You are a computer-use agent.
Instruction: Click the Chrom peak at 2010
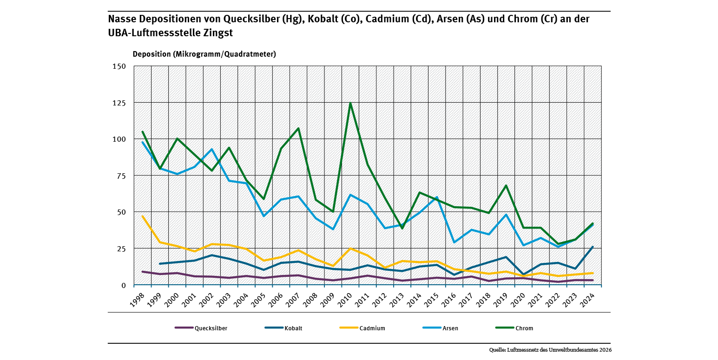coord(350,103)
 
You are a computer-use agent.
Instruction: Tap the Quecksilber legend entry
coord(201,328)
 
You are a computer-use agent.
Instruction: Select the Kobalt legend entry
coord(283,328)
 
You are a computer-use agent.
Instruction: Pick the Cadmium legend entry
coord(362,328)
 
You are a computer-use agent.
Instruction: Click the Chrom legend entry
coord(514,328)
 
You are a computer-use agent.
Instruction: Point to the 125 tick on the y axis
coord(119,103)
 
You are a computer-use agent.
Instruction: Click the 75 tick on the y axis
coord(121,176)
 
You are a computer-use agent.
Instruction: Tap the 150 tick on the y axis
coord(119,66)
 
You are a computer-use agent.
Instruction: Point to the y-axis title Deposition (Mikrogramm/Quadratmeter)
coord(204,54)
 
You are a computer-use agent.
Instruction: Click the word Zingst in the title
coord(218,33)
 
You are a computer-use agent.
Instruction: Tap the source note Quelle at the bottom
coord(550,350)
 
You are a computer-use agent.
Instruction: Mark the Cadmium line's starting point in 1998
coord(143,216)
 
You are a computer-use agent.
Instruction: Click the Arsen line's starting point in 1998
coord(143,142)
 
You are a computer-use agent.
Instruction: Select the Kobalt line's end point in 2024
coord(593,247)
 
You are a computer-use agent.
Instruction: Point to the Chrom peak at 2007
coord(298,128)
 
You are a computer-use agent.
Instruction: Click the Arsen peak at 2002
coord(212,149)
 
